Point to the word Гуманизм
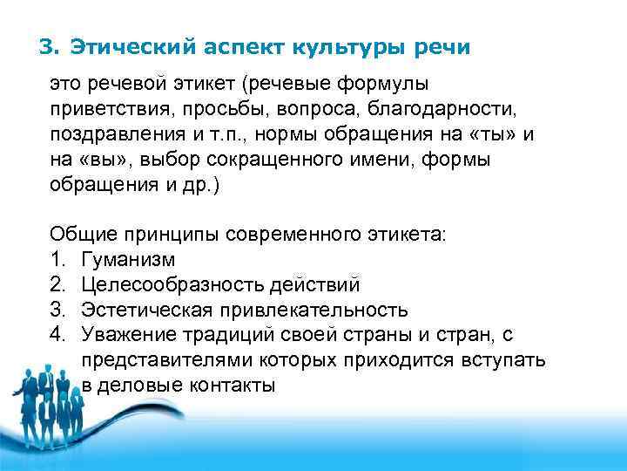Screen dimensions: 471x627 (x=128, y=259)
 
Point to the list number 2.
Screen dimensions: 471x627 (x=57, y=284)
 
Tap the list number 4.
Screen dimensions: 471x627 (x=57, y=335)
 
